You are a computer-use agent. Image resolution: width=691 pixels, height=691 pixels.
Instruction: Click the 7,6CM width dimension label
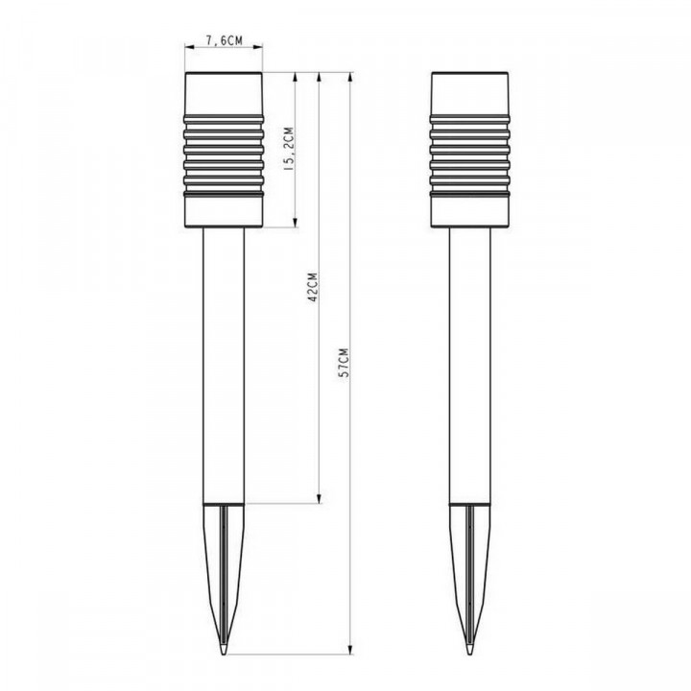[x=223, y=40]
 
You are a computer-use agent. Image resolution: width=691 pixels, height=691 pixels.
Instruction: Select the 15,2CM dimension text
[x=287, y=150]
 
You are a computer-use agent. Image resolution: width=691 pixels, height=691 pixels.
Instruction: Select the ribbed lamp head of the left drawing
[x=223, y=154]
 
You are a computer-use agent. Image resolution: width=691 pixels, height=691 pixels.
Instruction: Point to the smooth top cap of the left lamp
[x=223, y=91]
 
